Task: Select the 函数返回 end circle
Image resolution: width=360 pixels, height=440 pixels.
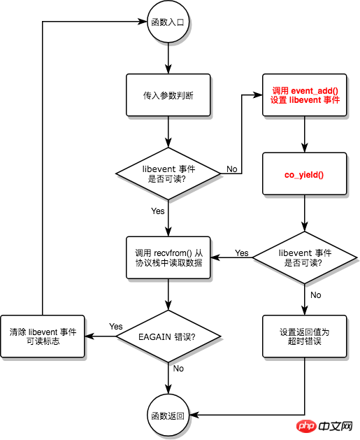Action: (x=168, y=416)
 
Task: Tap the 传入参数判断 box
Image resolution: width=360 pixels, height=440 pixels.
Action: (x=168, y=94)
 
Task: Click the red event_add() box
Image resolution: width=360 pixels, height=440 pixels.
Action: (x=305, y=94)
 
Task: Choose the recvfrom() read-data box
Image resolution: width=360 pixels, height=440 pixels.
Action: (x=168, y=258)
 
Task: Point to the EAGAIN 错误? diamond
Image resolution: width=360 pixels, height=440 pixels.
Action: (x=168, y=336)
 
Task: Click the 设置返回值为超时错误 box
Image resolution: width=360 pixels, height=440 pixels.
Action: (x=305, y=336)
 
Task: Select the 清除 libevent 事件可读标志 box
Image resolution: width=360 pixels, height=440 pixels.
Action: (x=43, y=336)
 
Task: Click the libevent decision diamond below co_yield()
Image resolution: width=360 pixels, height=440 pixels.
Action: (x=305, y=258)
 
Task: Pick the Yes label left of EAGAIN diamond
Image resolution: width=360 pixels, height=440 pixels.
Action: (x=116, y=327)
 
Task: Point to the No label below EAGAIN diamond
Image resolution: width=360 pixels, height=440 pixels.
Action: (x=178, y=369)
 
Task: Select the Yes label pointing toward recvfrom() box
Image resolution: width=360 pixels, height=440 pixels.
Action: (x=241, y=253)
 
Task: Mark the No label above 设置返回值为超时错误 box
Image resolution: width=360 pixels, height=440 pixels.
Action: (x=315, y=295)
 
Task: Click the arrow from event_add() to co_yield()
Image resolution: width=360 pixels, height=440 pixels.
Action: (x=305, y=134)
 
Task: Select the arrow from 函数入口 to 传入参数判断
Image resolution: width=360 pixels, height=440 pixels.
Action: (x=168, y=57)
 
